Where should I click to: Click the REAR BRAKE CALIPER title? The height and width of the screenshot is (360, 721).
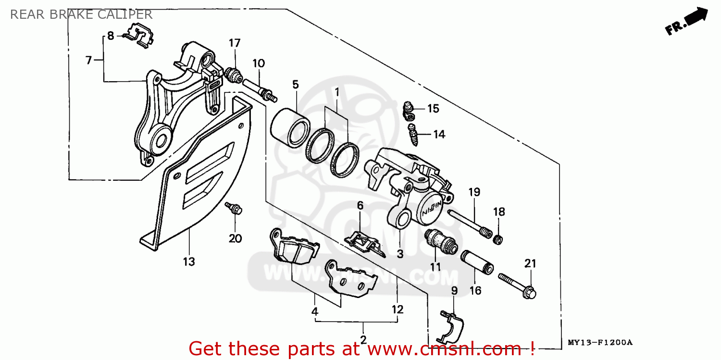(81, 14)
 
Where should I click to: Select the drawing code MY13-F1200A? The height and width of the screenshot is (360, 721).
(600, 343)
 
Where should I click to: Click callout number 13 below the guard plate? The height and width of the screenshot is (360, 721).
(189, 262)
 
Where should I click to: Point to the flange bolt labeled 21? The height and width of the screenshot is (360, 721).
(517, 284)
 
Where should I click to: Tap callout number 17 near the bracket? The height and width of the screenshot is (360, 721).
(234, 43)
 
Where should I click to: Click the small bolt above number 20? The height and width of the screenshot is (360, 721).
(234, 209)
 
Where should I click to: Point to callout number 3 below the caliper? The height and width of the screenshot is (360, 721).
(400, 253)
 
